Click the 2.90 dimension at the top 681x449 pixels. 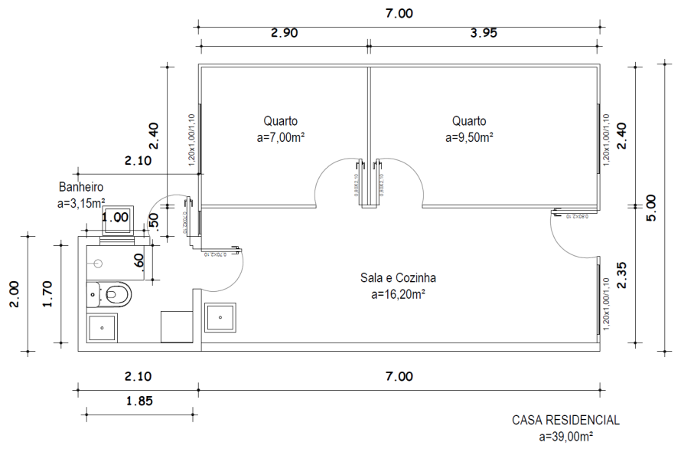click(284, 33)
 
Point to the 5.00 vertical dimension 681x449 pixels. click(651, 206)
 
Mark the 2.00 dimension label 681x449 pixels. click(16, 293)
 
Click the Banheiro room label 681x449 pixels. click(80, 186)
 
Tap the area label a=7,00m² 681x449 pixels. click(281, 138)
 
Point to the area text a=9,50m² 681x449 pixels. click(469, 138)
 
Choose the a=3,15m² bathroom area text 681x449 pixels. click(81, 202)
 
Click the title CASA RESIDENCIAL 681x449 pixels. click(565, 421)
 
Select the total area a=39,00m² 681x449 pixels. click(565, 436)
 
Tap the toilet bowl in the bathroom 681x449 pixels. click(117, 293)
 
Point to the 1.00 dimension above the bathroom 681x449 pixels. click(116, 217)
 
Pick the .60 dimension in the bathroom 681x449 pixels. click(139, 261)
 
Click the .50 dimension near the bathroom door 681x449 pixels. click(154, 220)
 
